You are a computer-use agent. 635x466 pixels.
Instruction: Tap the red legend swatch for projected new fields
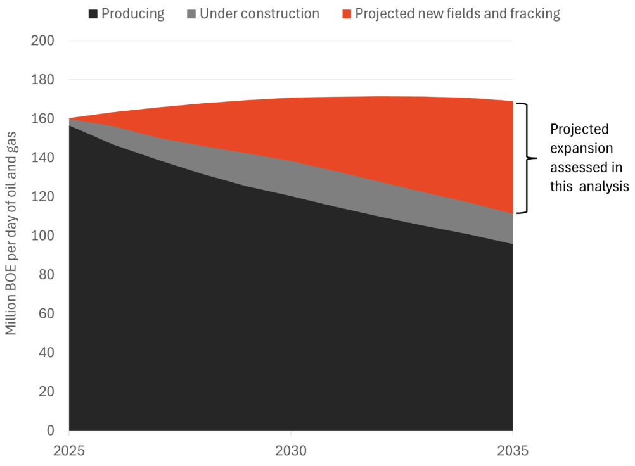345,14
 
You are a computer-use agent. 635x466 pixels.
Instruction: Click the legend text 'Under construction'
259,14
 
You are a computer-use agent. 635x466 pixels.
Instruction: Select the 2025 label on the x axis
68,452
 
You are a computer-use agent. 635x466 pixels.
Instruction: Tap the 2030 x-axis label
290,452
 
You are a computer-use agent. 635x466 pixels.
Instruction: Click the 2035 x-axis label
512,452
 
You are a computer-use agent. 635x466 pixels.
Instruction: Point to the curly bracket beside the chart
524,158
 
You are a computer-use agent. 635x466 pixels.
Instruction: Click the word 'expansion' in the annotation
581,149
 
